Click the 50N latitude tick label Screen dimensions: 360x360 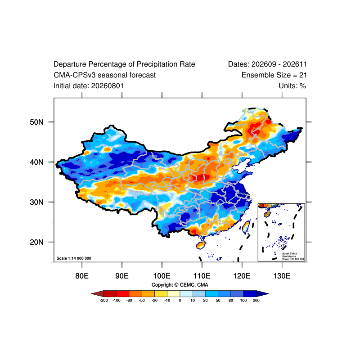pyautogui.click(x=36, y=122)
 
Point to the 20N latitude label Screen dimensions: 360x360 pyautogui.click(x=36, y=242)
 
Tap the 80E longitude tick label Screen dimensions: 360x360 pyautogui.click(x=82, y=275)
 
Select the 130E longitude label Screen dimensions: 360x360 pyautogui.click(x=282, y=275)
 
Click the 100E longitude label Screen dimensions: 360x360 pyautogui.click(x=162, y=275)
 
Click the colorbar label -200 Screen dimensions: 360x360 pyautogui.click(x=104, y=300)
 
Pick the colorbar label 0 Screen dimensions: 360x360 pyautogui.click(x=180, y=300)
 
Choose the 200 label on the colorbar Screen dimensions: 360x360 pyautogui.click(x=256, y=300)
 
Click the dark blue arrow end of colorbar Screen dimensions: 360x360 pyautogui.click(x=262, y=294)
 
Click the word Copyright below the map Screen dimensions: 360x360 pyautogui.click(x=162, y=285)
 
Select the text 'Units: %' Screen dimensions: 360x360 pyautogui.click(x=292, y=86)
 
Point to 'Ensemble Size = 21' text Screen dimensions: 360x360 pyautogui.click(x=274, y=75)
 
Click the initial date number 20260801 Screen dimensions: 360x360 pyautogui.click(x=108, y=86)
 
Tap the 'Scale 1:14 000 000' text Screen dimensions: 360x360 pyautogui.click(x=74, y=258)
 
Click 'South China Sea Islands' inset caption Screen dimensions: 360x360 pyautogui.click(x=289, y=255)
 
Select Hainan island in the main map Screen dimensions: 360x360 pyautogui.click(x=201, y=245)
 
